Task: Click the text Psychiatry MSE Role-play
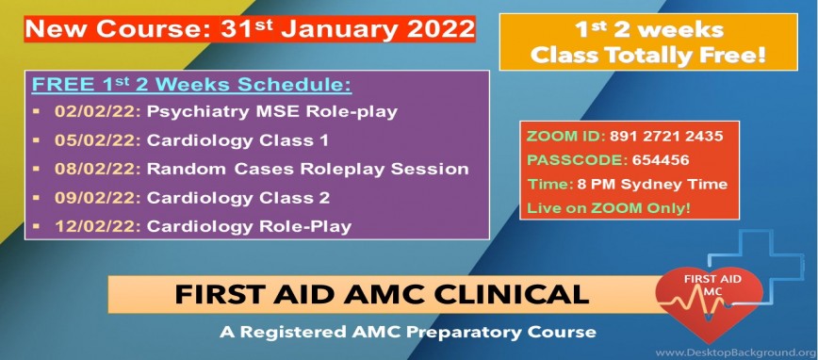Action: [271, 111]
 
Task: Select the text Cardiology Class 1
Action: [232, 140]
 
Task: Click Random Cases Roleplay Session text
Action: [307, 170]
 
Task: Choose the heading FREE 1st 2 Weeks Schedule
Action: [191, 85]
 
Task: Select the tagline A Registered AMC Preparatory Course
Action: [405, 332]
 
